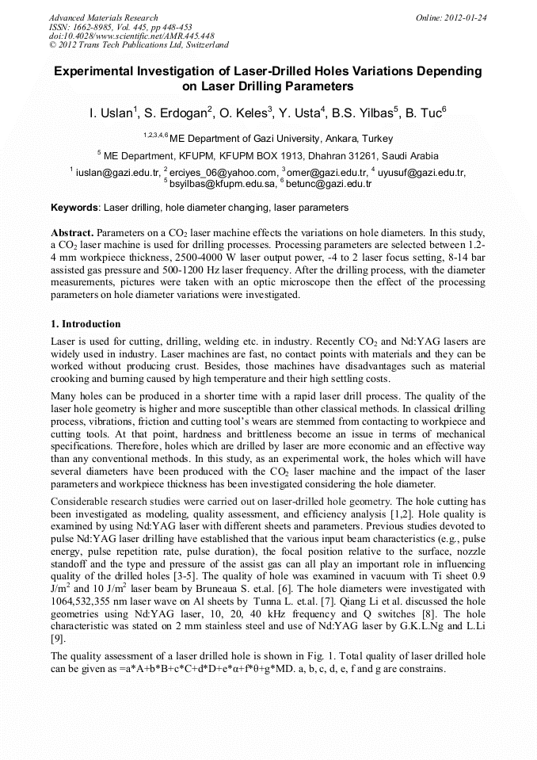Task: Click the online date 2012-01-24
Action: coord(467,17)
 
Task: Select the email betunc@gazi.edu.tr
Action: coord(328,183)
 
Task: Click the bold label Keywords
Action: coord(74,208)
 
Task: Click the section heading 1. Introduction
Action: coord(86,324)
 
